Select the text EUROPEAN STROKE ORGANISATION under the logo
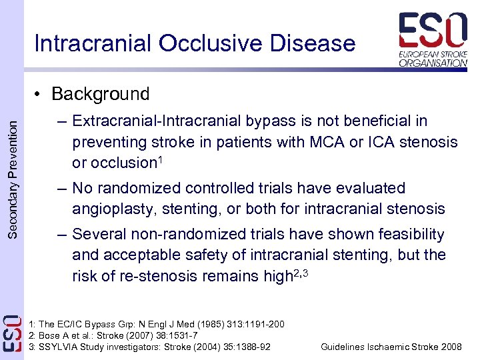[433, 58]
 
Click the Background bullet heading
[100, 94]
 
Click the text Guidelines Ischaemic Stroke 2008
[391, 347]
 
